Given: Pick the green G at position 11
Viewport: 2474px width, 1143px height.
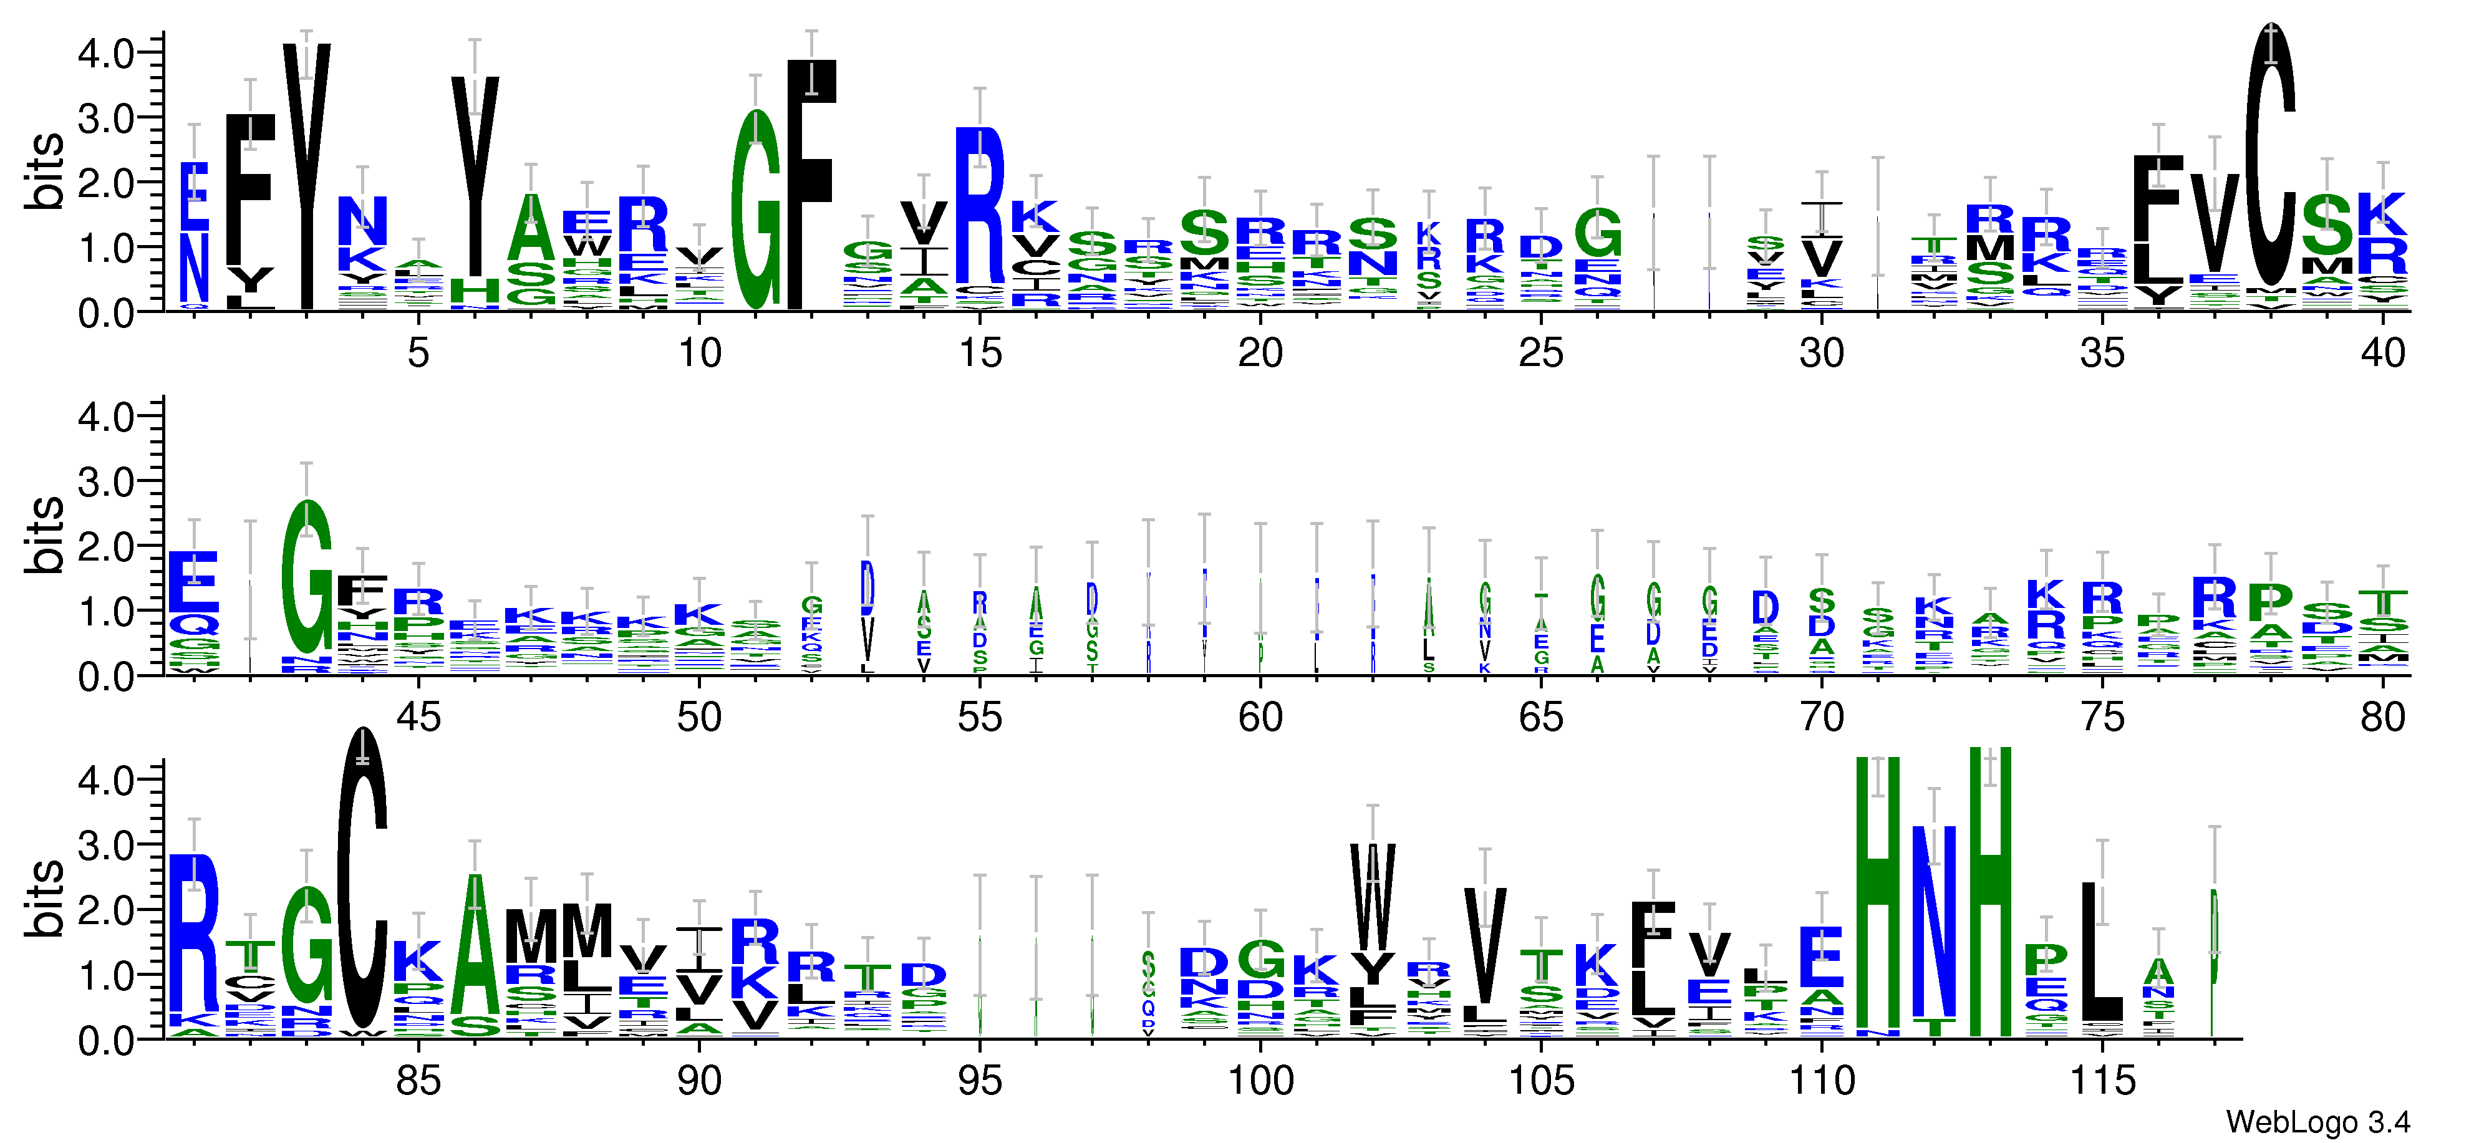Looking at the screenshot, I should (x=756, y=210).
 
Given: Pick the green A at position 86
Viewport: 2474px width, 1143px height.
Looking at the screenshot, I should (x=475, y=944).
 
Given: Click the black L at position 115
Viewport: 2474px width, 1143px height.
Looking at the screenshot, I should (x=2100, y=951).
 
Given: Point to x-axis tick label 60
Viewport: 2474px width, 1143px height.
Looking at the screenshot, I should (x=1260, y=718).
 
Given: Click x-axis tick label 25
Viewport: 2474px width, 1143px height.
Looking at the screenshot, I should (x=1540, y=354).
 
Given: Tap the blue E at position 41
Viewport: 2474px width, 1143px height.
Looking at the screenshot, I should (x=194, y=582).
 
